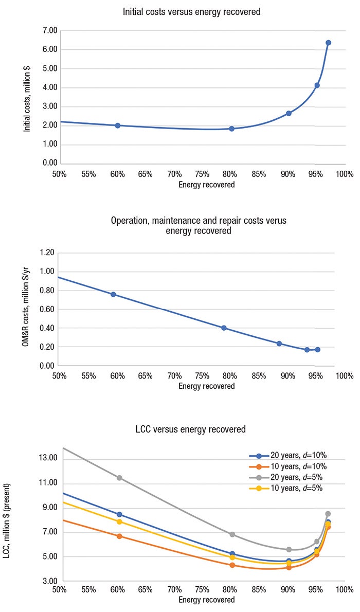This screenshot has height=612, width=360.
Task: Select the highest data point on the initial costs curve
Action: click(x=328, y=43)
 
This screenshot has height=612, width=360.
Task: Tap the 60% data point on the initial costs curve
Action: click(x=118, y=125)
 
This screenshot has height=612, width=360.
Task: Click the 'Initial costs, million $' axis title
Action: click(x=27, y=97)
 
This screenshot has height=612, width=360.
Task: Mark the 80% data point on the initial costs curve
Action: click(x=231, y=129)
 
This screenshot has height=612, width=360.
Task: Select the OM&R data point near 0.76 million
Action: click(x=113, y=295)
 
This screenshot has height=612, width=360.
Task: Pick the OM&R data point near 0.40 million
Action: click(x=224, y=328)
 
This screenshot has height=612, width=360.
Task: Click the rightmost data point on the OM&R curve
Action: click(x=317, y=350)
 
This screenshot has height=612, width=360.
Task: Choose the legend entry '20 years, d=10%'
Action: click(x=288, y=456)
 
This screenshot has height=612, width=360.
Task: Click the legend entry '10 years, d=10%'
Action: click(x=288, y=466)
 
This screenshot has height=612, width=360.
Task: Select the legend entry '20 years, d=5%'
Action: click(x=288, y=478)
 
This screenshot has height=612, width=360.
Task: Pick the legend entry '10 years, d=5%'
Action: click(x=288, y=489)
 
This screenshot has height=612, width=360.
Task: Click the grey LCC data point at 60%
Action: click(x=119, y=478)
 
